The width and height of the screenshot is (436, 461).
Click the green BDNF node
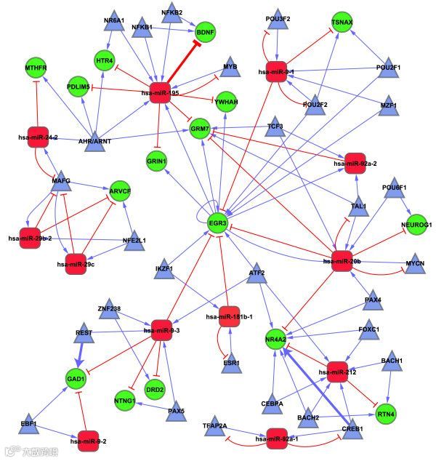[206, 33]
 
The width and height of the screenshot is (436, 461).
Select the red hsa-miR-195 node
[160, 93]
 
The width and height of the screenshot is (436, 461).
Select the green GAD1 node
[76, 379]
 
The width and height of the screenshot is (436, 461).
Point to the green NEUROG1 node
[416, 225]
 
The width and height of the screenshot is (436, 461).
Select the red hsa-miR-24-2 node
[38, 137]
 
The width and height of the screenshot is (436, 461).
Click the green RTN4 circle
[386, 414]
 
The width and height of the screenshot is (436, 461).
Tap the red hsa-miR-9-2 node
[87, 439]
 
